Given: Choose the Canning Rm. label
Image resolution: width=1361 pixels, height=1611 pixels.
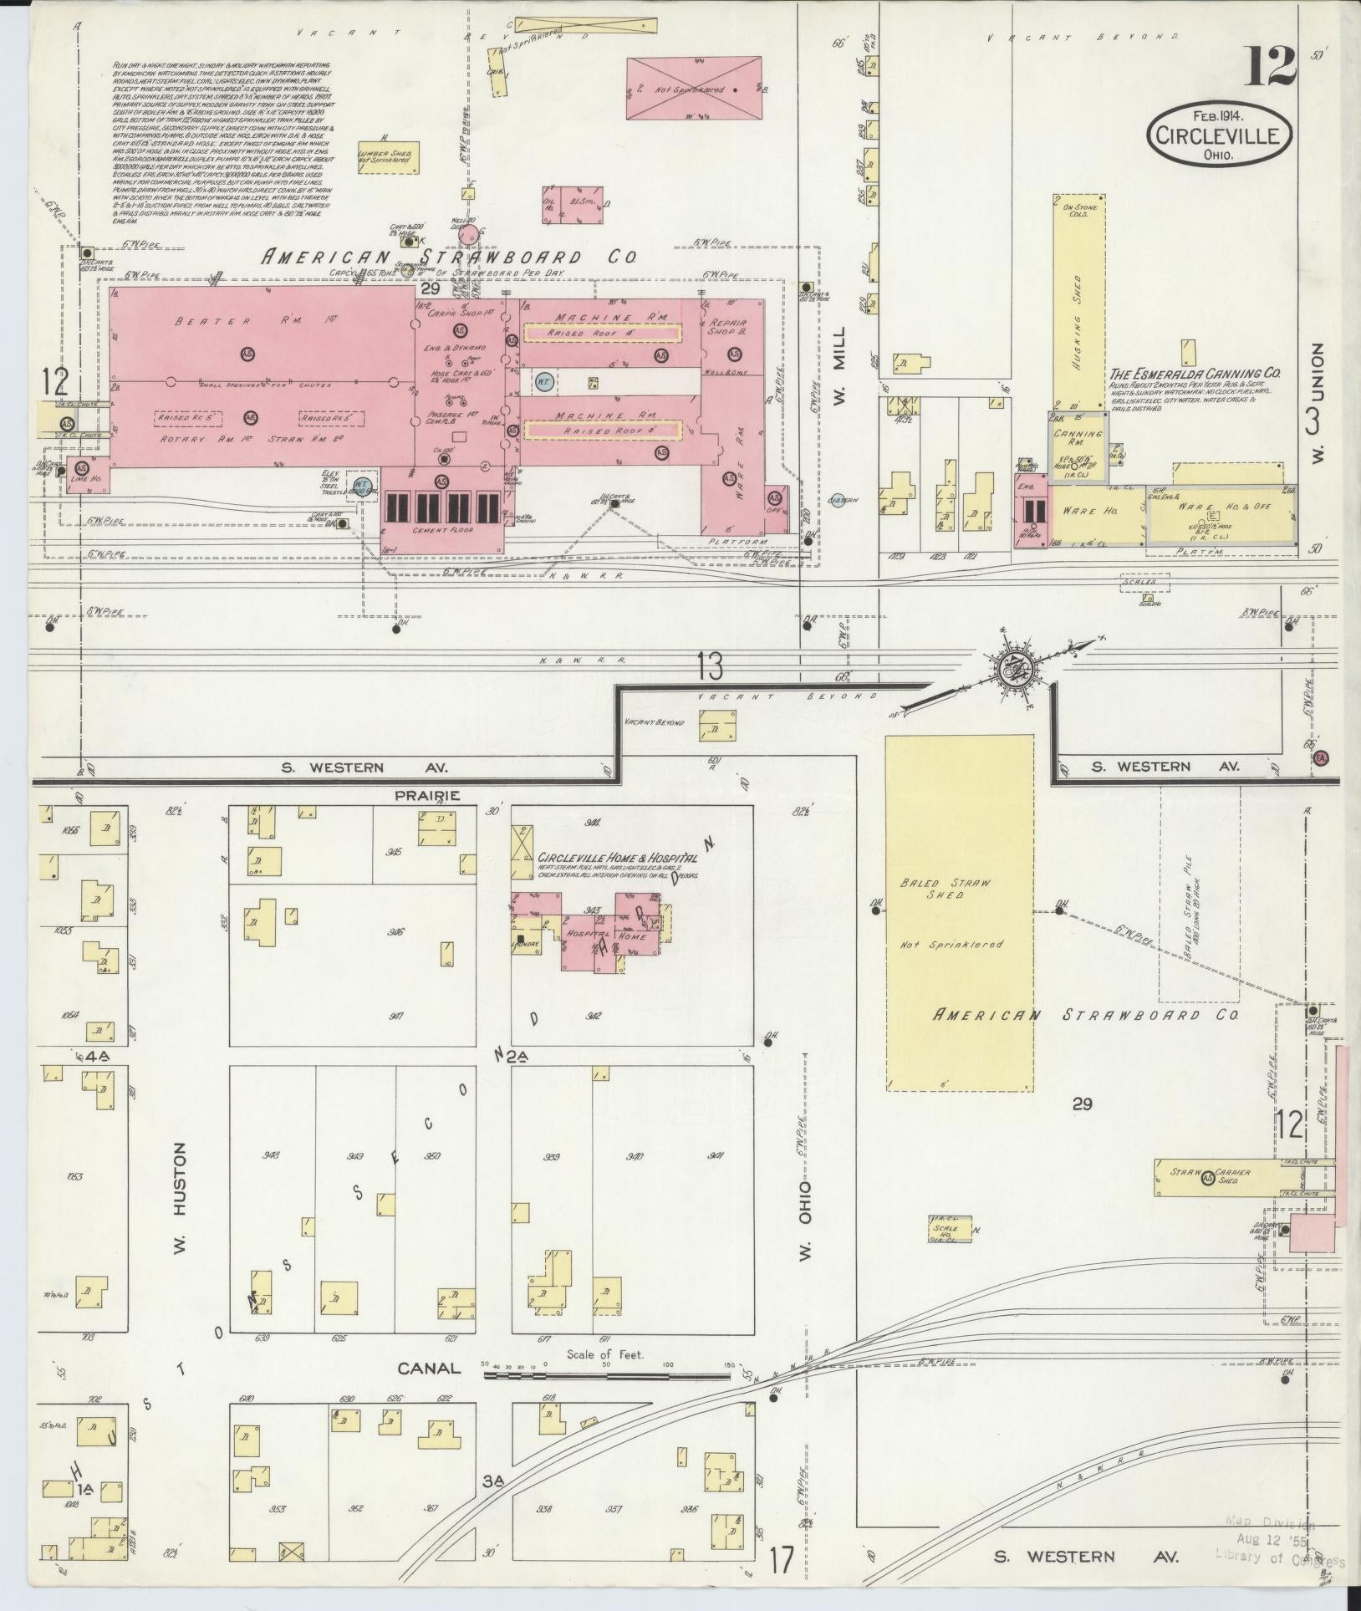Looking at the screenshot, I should coord(1078,440).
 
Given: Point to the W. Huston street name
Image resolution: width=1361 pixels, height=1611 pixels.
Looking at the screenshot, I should coord(178,1188).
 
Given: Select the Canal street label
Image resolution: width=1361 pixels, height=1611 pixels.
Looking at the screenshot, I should coord(429,1368).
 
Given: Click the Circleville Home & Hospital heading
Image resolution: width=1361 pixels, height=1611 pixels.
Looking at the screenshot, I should coord(618,858).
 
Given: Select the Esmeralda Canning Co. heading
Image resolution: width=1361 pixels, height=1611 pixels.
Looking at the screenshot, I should coord(1195,375).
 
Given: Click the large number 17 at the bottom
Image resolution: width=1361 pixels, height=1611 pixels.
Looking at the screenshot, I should coord(782,1560).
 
